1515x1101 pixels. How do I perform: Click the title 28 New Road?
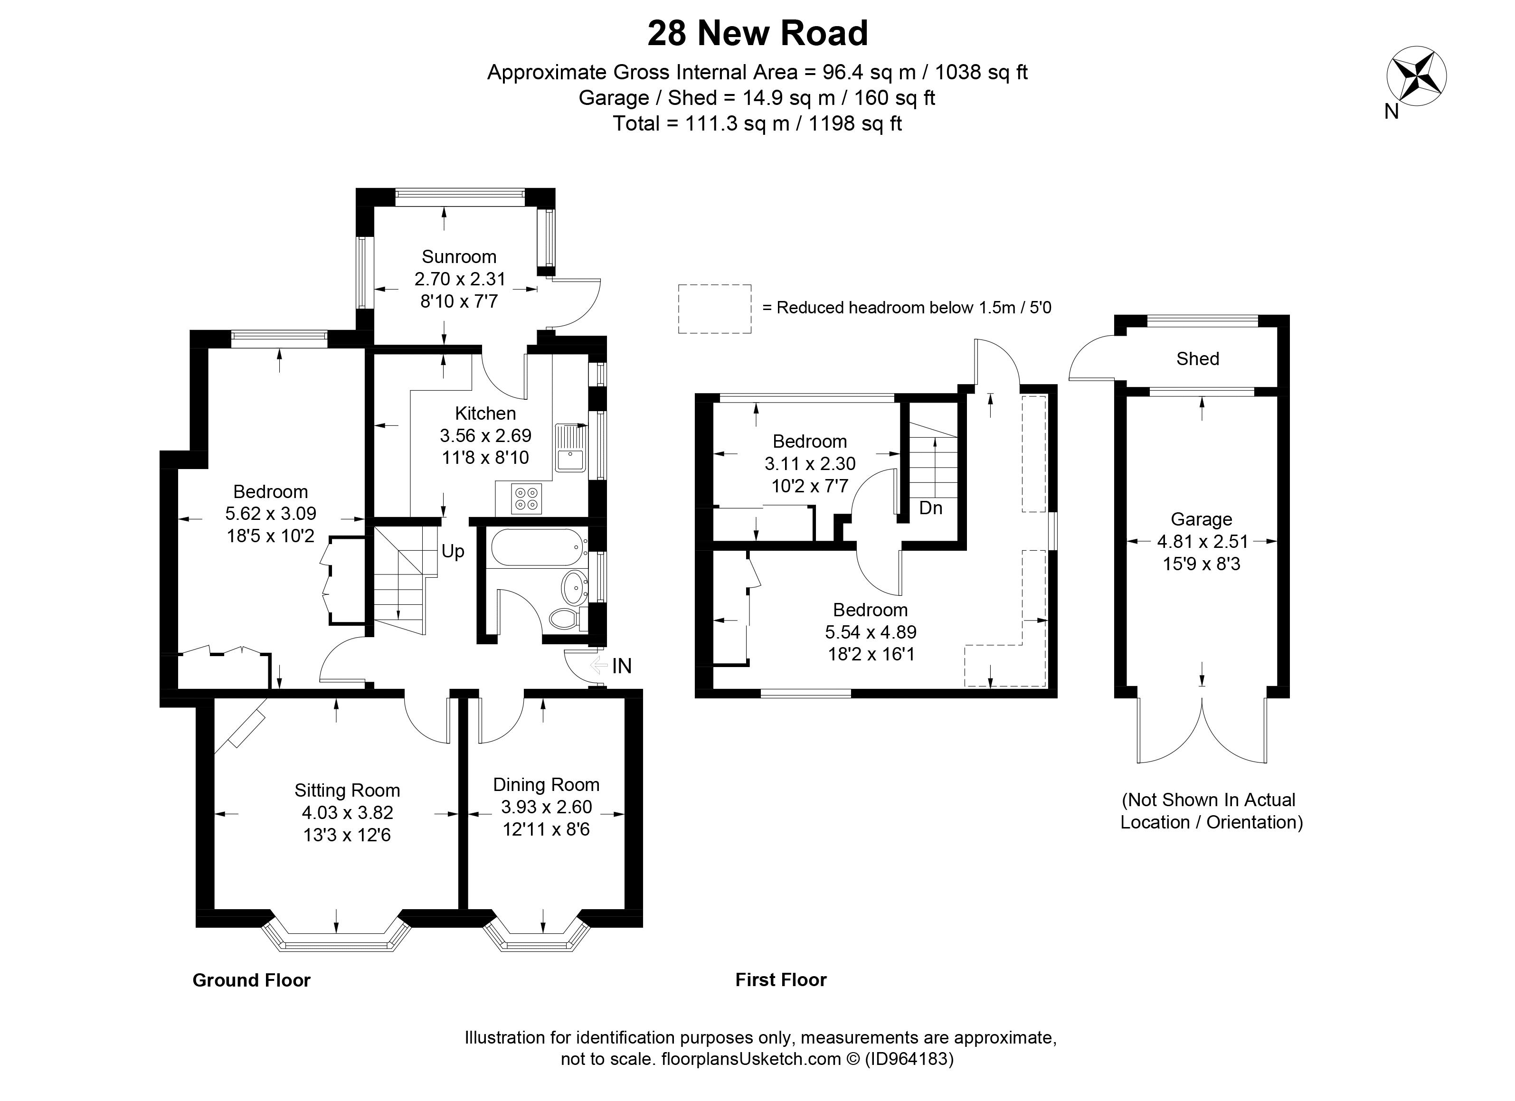coord(757,33)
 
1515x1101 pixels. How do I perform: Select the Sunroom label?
coord(459,257)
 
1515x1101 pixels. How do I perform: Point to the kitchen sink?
coord(569,447)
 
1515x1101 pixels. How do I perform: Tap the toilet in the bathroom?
coord(565,618)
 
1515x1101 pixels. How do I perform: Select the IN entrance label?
coord(621,666)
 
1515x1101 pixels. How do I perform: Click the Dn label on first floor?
coord(930,508)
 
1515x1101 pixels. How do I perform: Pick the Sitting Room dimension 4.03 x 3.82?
coord(347,812)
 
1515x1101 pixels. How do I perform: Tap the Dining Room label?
coord(546,784)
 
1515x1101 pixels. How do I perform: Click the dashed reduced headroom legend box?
coord(714,309)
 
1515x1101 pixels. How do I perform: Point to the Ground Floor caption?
coord(251,980)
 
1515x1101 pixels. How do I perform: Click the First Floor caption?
coord(780,979)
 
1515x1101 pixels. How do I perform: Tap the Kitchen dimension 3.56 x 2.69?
coord(485,436)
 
